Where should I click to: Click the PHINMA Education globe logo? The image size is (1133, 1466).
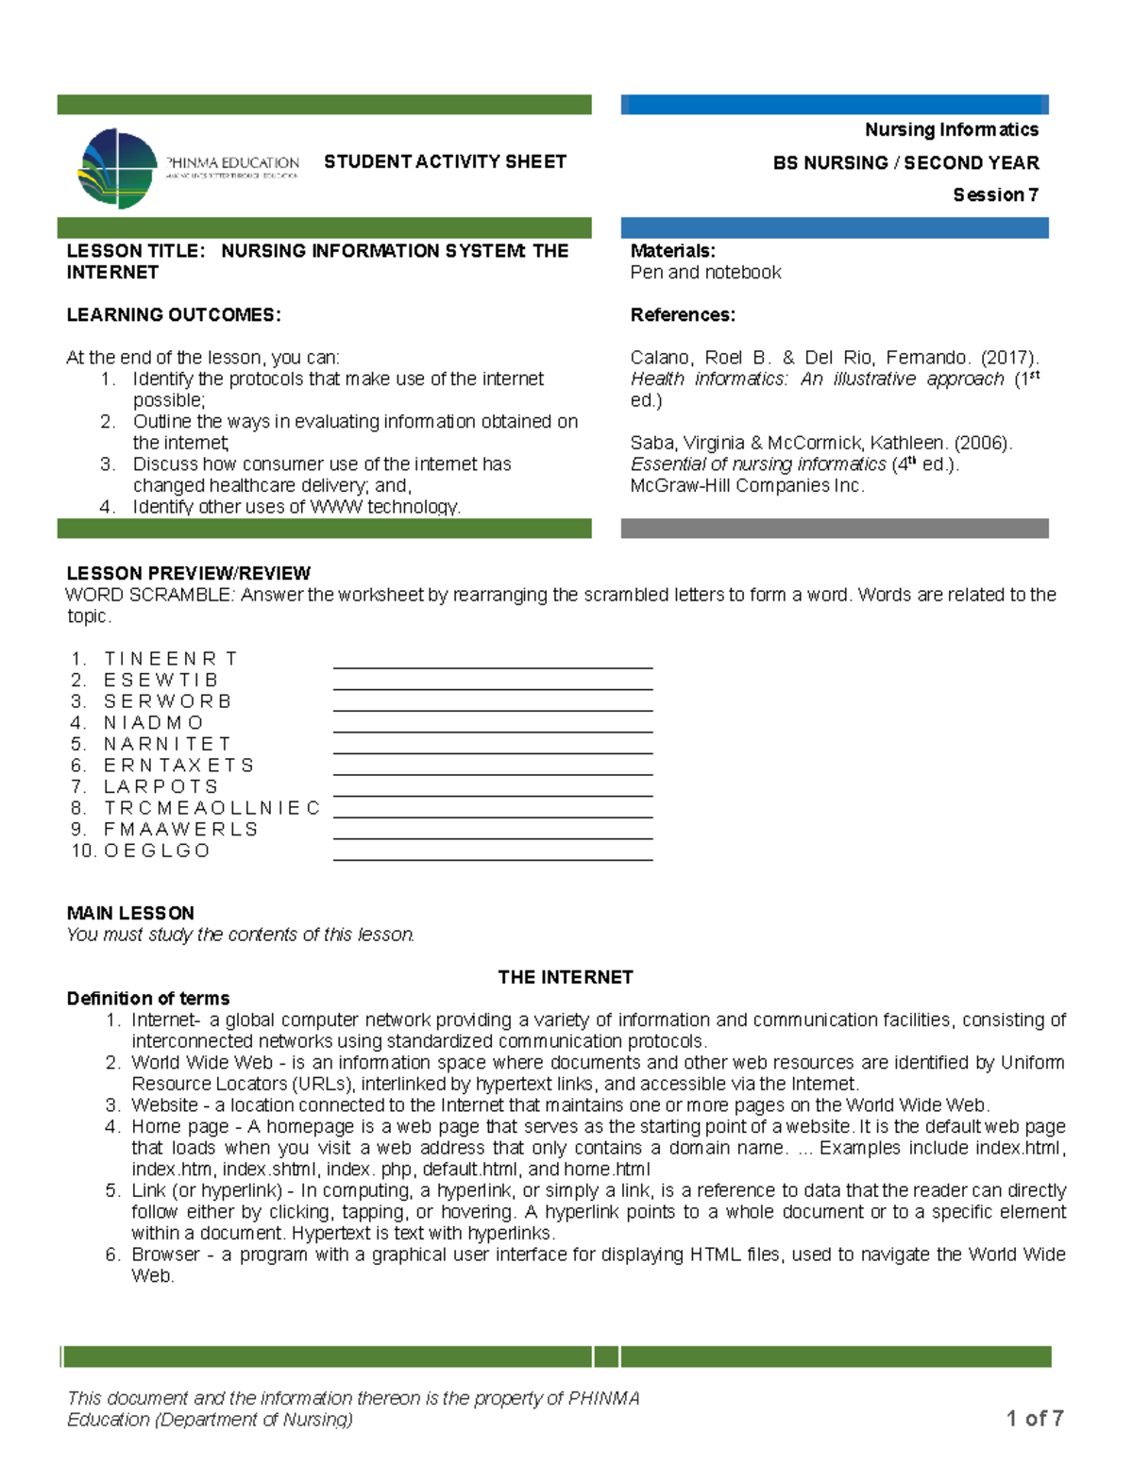point(118,169)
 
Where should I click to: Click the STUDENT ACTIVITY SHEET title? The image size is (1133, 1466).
point(445,161)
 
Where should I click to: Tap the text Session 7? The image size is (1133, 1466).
point(995,194)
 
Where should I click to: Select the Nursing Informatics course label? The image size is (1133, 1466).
point(951,129)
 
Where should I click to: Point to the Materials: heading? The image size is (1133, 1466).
point(672,251)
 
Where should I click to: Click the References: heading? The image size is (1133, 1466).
point(682,314)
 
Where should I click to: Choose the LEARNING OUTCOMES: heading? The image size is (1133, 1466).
point(174,314)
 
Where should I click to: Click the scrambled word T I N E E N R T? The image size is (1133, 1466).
point(170,658)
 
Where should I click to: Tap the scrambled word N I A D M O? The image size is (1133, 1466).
point(153,722)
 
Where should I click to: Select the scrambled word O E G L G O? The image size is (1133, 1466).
point(157,851)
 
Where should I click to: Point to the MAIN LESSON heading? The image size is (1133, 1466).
point(130,913)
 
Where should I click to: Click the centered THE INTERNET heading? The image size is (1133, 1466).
point(565,977)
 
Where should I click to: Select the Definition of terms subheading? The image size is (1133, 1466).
point(148,998)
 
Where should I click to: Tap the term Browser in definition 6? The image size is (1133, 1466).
point(165,1254)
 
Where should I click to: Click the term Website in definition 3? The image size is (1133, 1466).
point(164,1104)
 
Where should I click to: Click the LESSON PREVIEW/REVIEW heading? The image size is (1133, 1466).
point(188,573)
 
